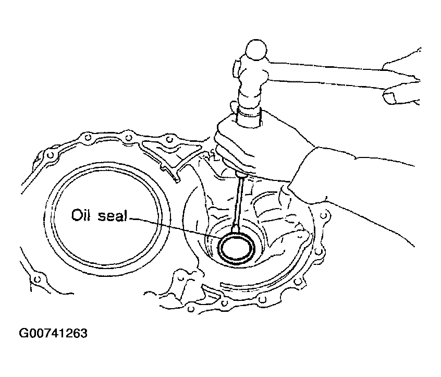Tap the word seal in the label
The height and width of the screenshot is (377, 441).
click(x=112, y=216)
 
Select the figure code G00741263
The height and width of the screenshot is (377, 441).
click(x=53, y=333)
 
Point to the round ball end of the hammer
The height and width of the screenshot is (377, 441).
click(x=255, y=49)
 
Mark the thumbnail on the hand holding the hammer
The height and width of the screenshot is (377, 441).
click(x=389, y=98)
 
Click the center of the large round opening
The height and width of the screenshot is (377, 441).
click(x=106, y=218)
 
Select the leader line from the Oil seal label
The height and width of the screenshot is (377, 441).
click(x=173, y=227)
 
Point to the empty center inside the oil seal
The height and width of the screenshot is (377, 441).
click(x=237, y=248)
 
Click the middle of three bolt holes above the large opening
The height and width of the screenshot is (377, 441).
click(x=128, y=138)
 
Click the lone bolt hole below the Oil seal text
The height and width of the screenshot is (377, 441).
click(x=36, y=279)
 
